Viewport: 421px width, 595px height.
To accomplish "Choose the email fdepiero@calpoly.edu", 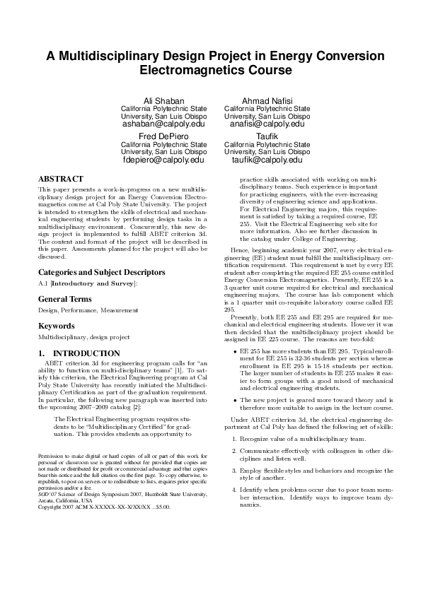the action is pyautogui.click(x=163, y=160).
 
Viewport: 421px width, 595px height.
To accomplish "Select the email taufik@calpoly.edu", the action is pyautogui.click(x=267, y=160).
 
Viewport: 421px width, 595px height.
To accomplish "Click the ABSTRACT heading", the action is pyautogui.click(x=60, y=179).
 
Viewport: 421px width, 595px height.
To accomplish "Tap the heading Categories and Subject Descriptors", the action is pyautogui.click(x=102, y=271).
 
